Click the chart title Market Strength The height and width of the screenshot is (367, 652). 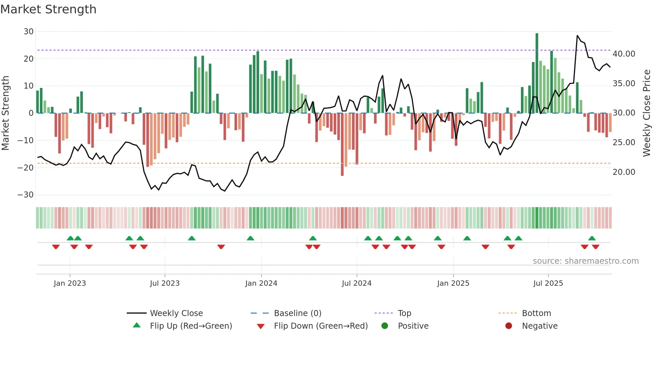click(48, 9)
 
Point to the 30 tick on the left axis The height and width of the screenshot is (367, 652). click(29, 32)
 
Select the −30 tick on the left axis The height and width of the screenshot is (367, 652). click(26, 195)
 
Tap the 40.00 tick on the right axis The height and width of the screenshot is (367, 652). click(624, 54)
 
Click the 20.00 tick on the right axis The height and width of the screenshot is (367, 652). click(624, 172)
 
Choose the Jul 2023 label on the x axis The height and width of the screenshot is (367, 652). click(165, 283)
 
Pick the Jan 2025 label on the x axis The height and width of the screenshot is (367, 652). click(453, 283)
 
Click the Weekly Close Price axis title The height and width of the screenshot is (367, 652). click(646, 113)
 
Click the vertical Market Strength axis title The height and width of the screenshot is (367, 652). click(6, 113)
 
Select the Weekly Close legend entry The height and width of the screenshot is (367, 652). click(176, 313)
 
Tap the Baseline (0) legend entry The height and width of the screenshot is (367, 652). click(297, 313)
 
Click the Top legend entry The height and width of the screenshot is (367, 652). click(405, 313)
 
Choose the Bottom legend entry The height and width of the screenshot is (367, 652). click(536, 313)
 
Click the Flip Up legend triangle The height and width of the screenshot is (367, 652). click(137, 325)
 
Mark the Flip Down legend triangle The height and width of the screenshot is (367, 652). click(261, 326)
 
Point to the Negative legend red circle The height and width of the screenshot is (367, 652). click(509, 326)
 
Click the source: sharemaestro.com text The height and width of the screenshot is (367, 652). click(585, 261)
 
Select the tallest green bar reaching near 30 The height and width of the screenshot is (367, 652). click(537, 73)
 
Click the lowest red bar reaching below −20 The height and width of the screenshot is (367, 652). click(342, 145)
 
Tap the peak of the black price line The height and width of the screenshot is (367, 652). click(577, 36)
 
